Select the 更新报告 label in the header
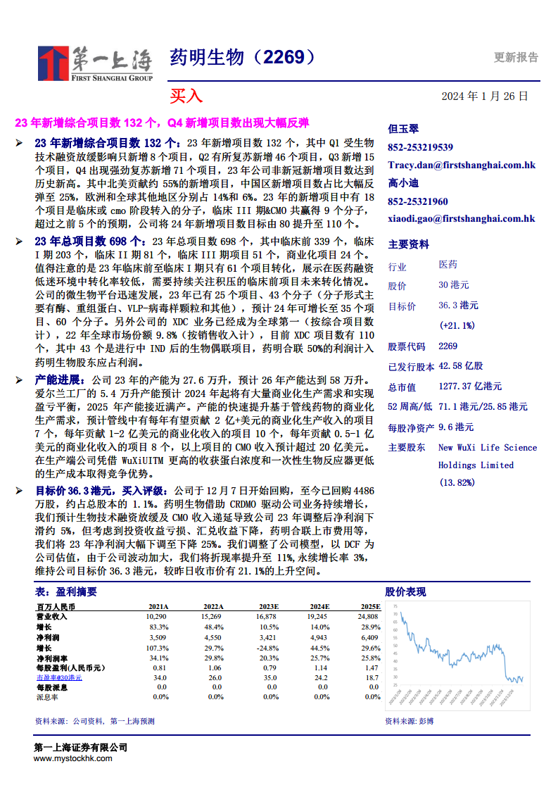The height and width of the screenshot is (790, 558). pyautogui.click(x=516, y=58)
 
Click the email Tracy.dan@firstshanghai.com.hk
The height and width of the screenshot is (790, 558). pyautogui.click(x=462, y=165)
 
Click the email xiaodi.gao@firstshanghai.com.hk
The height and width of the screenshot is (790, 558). pyautogui.click(x=462, y=219)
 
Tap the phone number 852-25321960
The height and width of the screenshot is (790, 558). pyautogui.click(x=418, y=201)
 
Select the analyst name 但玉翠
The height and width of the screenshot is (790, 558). pyautogui.click(x=403, y=129)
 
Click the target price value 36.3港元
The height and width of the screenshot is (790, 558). pyautogui.click(x=458, y=306)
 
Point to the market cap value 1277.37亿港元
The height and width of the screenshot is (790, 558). pyautogui.click(x=470, y=387)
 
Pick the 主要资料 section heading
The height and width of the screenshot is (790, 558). pyautogui.click(x=408, y=244)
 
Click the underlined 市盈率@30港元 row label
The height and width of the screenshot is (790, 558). pyautogui.click(x=59, y=677)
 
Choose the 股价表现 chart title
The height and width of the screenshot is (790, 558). pyautogui.click(x=405, y=591)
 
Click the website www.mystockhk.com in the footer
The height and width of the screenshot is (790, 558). pyautogui.click(x=72, y=758)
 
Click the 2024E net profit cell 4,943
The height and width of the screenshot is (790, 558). pyautogui.click(x=319, y=637)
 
